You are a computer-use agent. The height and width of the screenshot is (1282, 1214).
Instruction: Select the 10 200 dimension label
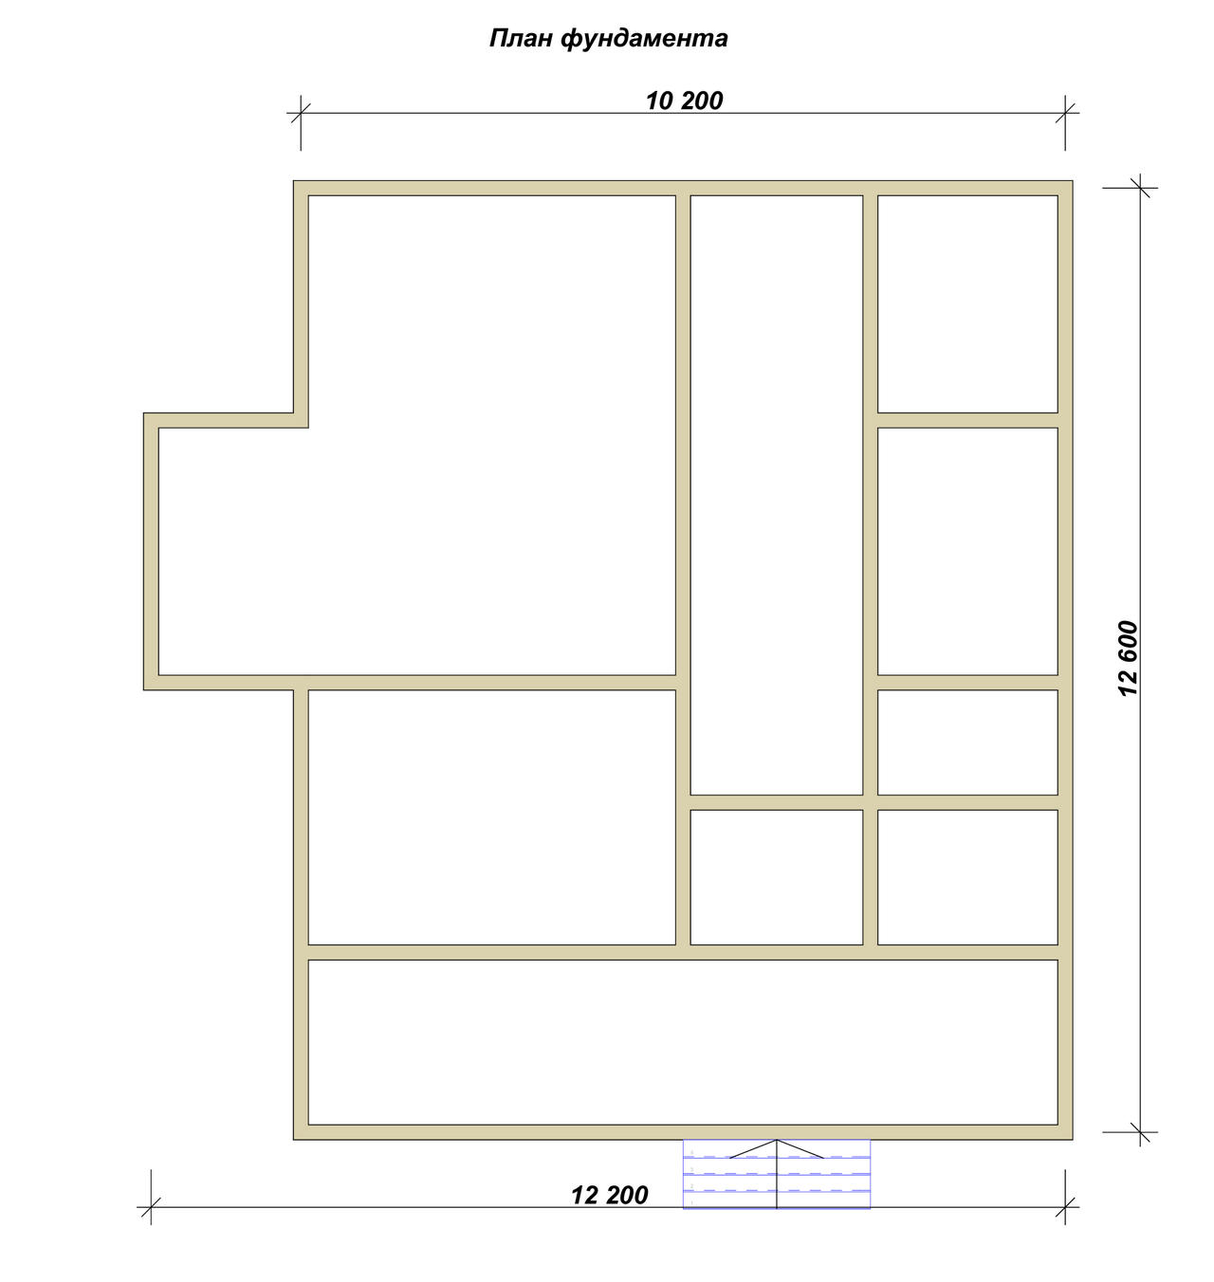click(684, 101)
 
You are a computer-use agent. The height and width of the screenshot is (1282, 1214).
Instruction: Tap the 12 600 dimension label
click(1128, 658)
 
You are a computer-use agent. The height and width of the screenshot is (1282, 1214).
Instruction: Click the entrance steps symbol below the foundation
click(776, 1174)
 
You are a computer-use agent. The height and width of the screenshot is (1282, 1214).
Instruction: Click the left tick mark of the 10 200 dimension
click(301, 113)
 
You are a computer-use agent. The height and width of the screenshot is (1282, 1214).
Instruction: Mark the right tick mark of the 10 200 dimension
click(1065, 113)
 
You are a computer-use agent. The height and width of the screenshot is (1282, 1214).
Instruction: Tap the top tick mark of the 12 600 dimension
click(1140, 188)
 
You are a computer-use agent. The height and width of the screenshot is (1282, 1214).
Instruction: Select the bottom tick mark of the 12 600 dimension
click(1140, 1132)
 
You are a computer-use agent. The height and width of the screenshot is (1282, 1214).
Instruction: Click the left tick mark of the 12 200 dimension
click(151, 1207)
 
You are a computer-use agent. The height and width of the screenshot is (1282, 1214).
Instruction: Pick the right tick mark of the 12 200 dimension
click(1065, 1207)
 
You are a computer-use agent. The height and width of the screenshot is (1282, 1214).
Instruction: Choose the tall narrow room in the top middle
click(776, 495)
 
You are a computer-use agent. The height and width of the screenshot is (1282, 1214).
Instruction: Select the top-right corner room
click(967, 303)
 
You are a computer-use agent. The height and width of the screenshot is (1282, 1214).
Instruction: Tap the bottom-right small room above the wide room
click(967, 877)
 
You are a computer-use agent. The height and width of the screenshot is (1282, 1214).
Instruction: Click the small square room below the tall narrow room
click(776, 877)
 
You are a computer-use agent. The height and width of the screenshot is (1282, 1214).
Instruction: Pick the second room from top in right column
click(967, 551)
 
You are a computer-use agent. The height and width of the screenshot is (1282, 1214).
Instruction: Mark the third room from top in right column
click(967, 742)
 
